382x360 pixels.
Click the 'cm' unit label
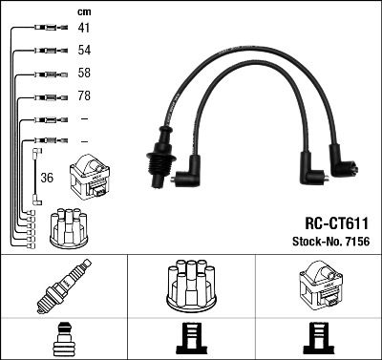point(83,11)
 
